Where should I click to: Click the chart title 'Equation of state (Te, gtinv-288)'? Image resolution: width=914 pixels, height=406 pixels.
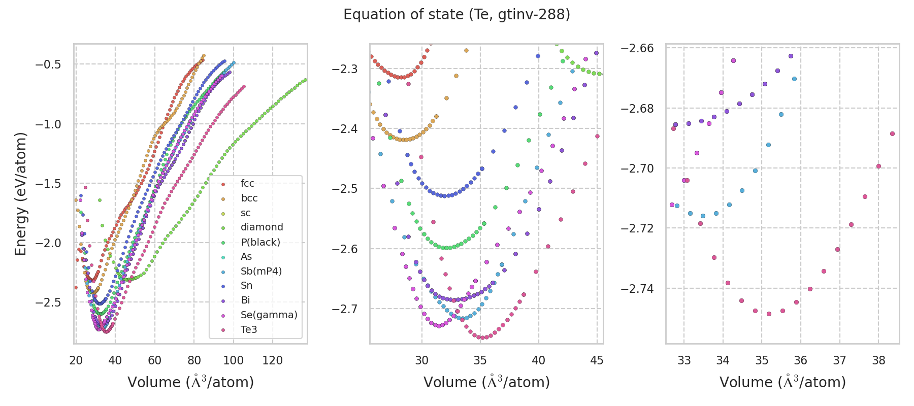tap(456, 15)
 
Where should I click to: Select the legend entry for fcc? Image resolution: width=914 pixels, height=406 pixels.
tap(247, 184)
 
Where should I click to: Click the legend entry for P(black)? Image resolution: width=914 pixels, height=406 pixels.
tap(260, 242)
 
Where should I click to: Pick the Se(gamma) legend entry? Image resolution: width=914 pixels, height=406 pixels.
tap(269, 315)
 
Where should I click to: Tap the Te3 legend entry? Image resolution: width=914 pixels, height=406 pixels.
tap(249, 330)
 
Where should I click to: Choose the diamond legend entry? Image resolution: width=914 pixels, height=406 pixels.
tap(262, 227)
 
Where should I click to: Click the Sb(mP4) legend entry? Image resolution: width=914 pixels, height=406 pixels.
tap(261, 272)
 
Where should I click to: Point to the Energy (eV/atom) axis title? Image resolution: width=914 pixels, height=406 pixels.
tap(21, 194)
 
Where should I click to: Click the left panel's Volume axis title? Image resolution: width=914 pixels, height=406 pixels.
tap(190, 382)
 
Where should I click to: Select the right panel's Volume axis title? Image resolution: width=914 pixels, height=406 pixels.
tap(782, 382)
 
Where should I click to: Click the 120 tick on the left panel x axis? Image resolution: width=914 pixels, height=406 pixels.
tap(273, 360)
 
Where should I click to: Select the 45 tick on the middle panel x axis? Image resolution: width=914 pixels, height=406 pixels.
tap(597, 360)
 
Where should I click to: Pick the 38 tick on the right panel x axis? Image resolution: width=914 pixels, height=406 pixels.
tap(878, 360)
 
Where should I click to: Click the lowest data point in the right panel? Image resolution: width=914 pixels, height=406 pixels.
tap(769, 314)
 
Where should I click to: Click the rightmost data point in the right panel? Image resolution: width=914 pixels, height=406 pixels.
tap(892, 134)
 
